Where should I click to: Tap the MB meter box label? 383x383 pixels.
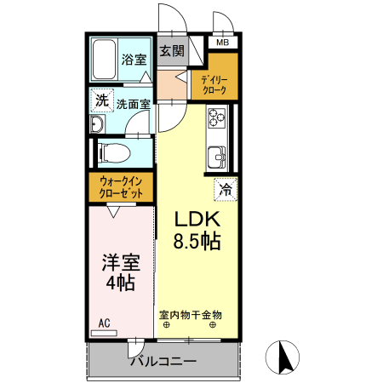[x=222, y=43]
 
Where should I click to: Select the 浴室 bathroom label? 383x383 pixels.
[x=134, y=60]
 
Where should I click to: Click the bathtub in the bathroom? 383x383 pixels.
[x=105, y=60]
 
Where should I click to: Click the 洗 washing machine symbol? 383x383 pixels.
[x=102, y=100]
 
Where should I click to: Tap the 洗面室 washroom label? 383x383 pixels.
[x=134, y=105]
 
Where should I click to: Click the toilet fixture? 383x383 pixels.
[x=113, y=153]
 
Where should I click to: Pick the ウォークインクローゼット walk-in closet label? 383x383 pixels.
[x=121, y=187]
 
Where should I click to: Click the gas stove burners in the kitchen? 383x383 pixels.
[x=216, y=117]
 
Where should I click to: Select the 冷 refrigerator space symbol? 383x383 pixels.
[x=226, y=189]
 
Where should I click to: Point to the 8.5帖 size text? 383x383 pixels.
[x=197, y=242]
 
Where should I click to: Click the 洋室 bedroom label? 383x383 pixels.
[x=120, y=262]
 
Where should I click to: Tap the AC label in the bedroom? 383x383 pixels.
[x=104, y=323]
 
